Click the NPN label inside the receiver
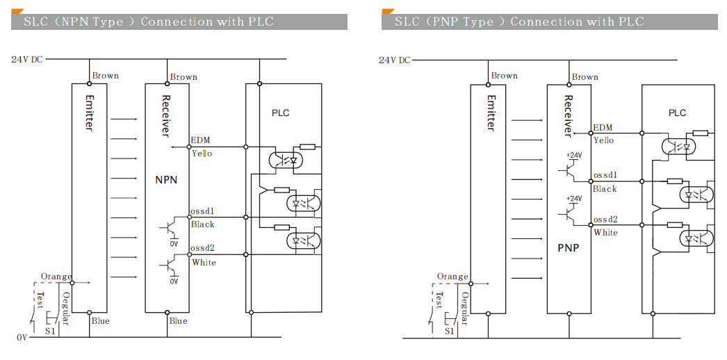click(166, 180)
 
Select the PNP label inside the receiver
click(568, 248)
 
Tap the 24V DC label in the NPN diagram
click(26, 60)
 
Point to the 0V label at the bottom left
click(22, 337)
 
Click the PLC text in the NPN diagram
click(281, 113)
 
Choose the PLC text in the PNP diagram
click(677, 113)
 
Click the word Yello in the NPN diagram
click(202, 154)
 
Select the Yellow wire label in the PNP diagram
click(603, 140)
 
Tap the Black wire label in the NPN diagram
click(202, 224)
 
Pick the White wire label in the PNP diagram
click(605, 233)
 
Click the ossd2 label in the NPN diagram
click(203, 248)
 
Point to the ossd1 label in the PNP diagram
click(605, 176)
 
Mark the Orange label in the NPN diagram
click(56, 277)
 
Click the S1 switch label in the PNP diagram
click(449, 332)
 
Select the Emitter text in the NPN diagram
click(90, 112)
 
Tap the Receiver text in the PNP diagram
click(568, 115)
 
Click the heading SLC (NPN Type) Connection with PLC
click(149, 22)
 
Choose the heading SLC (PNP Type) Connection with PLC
click(519, 22)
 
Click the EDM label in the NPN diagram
click(200, 140)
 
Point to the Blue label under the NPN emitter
click(100, 321)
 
